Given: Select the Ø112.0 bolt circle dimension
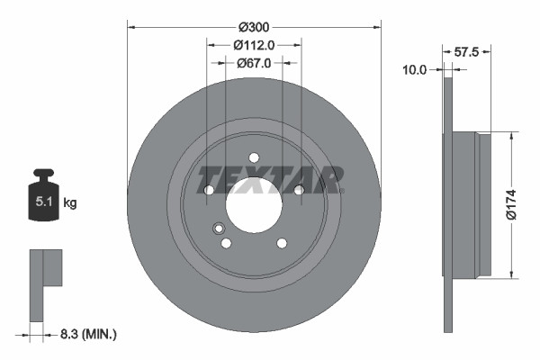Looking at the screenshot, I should tap(254, 44).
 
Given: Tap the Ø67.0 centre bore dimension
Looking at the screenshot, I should tap(254, 63).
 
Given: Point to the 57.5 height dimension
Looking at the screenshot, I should tap(465, 52).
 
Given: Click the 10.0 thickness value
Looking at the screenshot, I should tap(415, 68).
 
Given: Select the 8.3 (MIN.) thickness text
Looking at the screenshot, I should tap(85, 334).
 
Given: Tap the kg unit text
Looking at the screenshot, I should tap(71, 203).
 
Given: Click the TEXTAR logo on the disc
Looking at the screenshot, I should tap(270, 179).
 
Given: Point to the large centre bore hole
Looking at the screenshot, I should tap(254, 203).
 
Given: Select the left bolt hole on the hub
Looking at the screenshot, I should tap(209, 189).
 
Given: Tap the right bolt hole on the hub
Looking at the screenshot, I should tap(299, 189).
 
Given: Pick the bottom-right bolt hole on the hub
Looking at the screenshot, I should tap(282, 242).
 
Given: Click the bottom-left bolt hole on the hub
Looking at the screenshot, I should tap(226, 242).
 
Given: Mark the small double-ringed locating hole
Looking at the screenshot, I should tap(218, 229).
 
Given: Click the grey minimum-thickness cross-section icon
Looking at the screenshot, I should tap(44, 283).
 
